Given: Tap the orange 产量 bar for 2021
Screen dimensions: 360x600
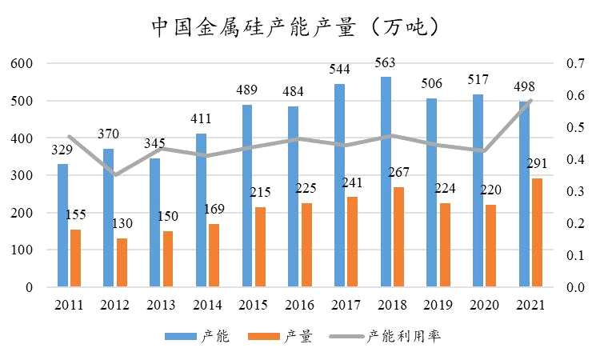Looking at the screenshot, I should tap(538, 232).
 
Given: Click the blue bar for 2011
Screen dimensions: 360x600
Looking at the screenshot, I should tap(62, 225).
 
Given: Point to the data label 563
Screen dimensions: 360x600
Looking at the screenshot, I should tap(386, 63).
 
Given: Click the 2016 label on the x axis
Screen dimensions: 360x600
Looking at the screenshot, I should tap(300, 305).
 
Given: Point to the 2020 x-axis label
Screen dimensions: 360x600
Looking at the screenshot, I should tap(484, 305).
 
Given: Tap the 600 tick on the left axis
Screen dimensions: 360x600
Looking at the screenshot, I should tap(23, 64).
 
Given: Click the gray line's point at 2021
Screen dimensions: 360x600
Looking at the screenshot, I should tap(530, 100).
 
